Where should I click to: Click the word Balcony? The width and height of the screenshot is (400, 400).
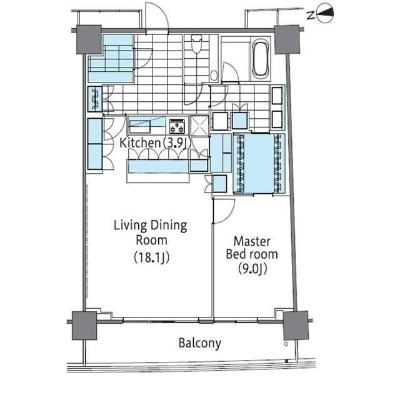200,343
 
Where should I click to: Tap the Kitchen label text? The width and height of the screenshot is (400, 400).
140,143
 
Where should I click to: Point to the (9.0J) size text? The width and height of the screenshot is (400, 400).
252,269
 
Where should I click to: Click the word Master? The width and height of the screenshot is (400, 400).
252,241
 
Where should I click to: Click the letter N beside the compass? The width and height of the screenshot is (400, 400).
311,16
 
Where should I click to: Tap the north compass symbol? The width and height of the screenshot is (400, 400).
325,15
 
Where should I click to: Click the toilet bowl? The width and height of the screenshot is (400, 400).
196,44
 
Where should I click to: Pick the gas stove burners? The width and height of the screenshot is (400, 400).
177,126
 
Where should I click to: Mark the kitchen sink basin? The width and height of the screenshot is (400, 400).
140,127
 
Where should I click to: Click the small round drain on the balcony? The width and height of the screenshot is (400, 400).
286,344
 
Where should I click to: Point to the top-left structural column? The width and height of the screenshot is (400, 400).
89,39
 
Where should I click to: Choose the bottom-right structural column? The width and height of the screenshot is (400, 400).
296,326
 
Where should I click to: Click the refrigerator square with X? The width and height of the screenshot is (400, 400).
200,126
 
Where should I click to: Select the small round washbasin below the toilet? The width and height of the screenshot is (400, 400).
214,76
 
